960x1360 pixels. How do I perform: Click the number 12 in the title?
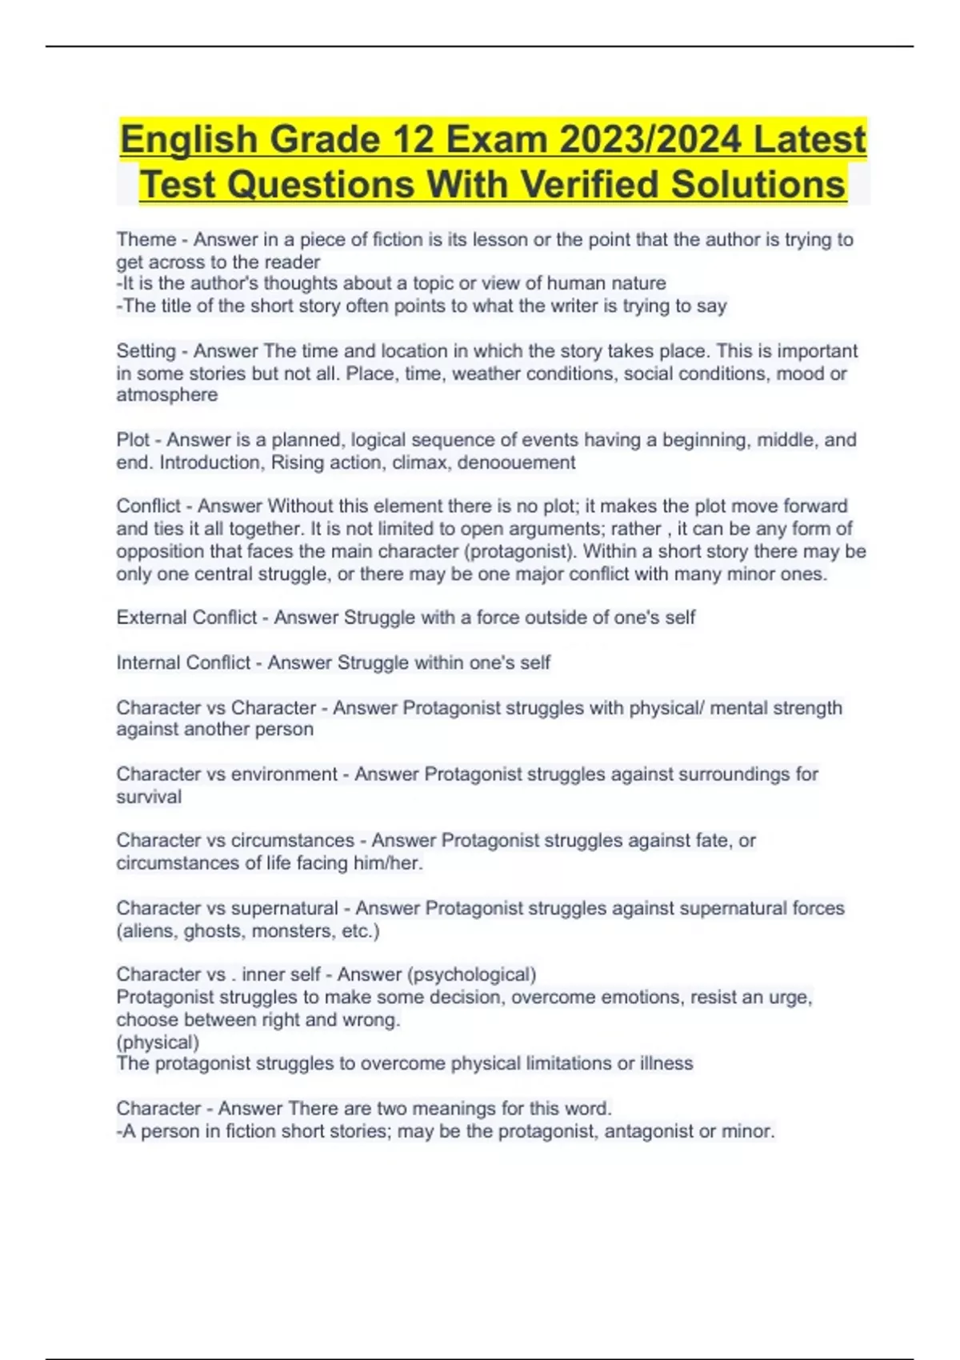tap(413, 139)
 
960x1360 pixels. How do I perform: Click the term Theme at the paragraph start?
tap(146, 239)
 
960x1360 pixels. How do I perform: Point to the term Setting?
tap(146, 350)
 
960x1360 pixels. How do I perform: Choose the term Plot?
tap(133, 440)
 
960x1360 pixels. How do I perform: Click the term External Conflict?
tap(186, 618)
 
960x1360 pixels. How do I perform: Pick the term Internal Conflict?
tap(183, 662)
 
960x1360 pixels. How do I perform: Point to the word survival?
tap(149, 797)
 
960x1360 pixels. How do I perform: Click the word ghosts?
tap(214, 931)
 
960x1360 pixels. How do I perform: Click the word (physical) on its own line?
tap(158, 1042)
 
